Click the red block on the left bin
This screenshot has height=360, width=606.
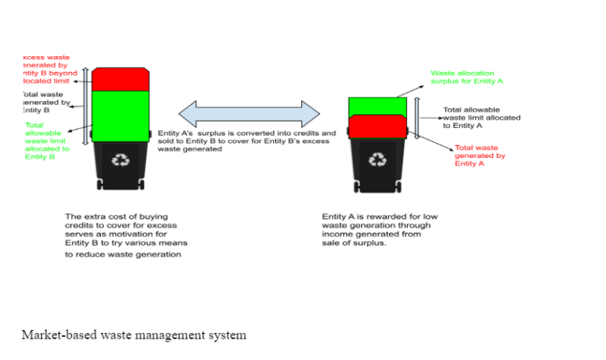point(120,79)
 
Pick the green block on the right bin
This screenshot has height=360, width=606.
point(376,107)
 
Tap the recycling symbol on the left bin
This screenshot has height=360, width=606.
point(120,159)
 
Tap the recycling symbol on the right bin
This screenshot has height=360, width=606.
point(379,160)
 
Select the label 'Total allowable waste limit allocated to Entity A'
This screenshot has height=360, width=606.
point(481,118)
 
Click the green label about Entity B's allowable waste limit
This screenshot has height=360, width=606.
point(46,141)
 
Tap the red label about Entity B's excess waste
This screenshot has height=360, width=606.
point(47,69)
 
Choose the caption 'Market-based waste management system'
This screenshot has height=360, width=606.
point(133,335)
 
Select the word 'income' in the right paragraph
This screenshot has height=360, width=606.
point(335,234)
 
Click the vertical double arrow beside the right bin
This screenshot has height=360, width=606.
point(417,118)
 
